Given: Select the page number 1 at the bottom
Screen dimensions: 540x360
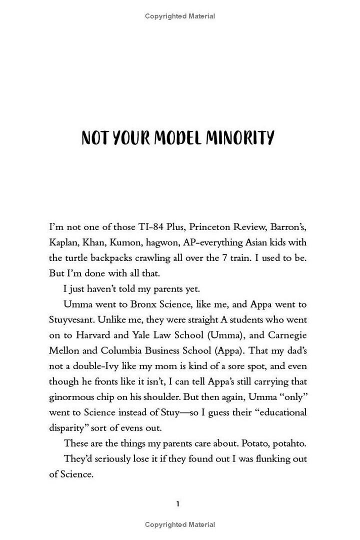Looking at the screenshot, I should [178, 504].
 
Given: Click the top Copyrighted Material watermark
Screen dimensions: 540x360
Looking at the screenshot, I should [180, 16].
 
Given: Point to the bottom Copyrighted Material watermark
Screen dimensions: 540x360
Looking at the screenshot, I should [180, 524].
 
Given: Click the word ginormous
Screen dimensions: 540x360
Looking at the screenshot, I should [73, 397].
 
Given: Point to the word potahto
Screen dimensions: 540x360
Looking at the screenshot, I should [288, 443].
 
